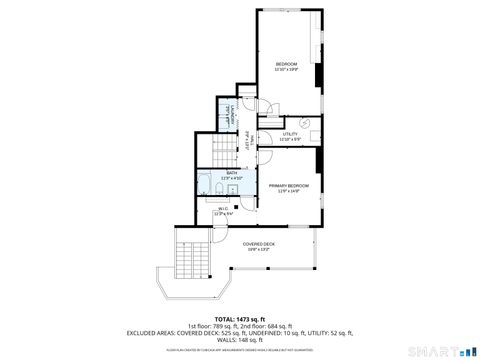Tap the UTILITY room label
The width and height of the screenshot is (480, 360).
(290, 133)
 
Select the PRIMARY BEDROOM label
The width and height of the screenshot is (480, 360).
(288, 186)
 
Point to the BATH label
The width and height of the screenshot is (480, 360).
(231, 173)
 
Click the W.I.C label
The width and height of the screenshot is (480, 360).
(223, 208)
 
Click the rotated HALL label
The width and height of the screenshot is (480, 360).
(247, 148)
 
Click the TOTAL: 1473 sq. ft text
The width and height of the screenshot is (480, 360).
(240, 318)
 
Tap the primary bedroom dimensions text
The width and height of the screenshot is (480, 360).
(288, 192)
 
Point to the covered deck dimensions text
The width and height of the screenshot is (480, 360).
(258, 249)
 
